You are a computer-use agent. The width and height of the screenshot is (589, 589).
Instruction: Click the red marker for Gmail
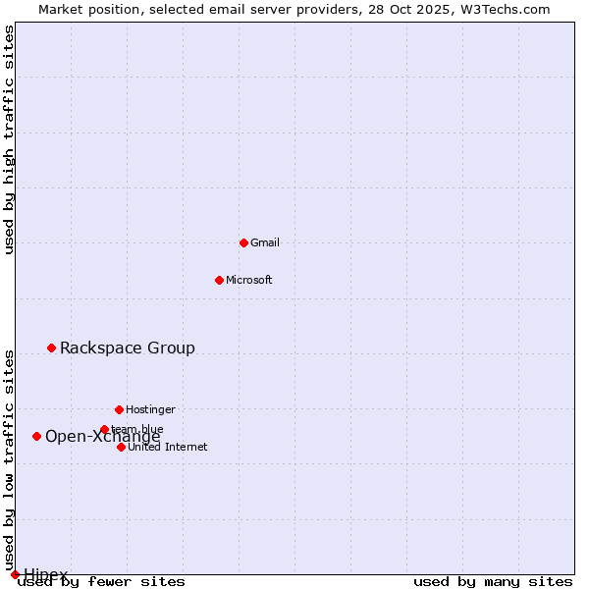pyautogui.click(x=243, y=242)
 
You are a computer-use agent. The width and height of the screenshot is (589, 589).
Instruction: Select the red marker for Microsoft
pyautogui.click(x=219, y=280)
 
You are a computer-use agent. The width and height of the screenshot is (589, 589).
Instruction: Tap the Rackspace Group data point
pyautogui.click(x=51, y=348)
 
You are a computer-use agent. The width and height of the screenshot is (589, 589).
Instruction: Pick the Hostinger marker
pyautogui.click(x=119, y=409)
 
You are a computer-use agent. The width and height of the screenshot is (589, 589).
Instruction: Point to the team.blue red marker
pyautogui.click(x=104, y=429)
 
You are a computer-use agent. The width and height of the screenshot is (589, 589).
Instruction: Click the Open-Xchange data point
pyautogui.click(x=36, y=436)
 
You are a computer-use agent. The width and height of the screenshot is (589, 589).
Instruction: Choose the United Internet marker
pyautogui.click(x=121, y=447)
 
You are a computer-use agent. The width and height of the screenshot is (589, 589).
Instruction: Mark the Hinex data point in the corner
pyautogui.click(x=15, y=574)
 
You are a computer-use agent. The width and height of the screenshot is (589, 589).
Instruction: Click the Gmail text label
pyautogui.click(x=265, y=242)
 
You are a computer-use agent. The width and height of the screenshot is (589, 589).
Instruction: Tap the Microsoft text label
pyautogui.click(x=249, y=280)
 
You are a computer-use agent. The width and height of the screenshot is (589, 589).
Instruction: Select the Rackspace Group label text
pyautogui.click(x=128, y=348)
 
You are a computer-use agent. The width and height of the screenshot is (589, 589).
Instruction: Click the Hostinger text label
pyautogui.click(x=150, y=409)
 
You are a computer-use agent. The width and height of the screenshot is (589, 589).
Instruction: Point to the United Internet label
pyautogui.click(x=168, y=447)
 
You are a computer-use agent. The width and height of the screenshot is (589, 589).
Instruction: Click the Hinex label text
pyautogui.click(x=46, y=574)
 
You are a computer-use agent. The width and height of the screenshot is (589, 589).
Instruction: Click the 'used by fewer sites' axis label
pyautogui.click(x=102, y=581)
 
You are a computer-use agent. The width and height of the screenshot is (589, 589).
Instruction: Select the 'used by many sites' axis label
pyautogui.click(x=493, y=581)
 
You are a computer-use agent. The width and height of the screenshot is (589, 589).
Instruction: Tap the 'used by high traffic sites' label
pyautogui.click(x=10, y=139)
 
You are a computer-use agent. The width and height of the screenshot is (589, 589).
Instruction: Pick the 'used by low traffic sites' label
pyautogui.click(x=10, y=459)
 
